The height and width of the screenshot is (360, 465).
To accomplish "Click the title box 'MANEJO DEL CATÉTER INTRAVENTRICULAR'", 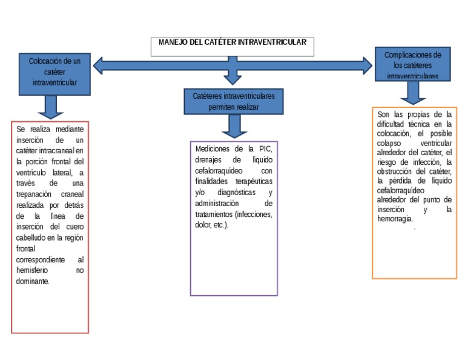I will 232,45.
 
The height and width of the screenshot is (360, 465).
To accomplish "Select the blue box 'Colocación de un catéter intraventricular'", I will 54,73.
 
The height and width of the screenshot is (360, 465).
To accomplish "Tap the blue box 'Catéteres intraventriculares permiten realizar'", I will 233,101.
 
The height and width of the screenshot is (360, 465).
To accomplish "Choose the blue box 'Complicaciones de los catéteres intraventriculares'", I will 412,65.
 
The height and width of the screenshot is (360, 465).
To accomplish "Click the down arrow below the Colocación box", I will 50,107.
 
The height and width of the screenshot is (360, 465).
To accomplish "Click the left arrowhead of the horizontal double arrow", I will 99,65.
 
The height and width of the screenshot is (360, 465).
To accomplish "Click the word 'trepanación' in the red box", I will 36,194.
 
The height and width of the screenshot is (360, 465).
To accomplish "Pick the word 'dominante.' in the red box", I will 33,281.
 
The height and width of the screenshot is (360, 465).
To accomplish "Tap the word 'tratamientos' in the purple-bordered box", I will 214,214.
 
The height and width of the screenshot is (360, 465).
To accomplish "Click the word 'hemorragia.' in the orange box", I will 395,219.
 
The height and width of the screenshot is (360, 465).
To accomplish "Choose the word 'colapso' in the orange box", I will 389,143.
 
